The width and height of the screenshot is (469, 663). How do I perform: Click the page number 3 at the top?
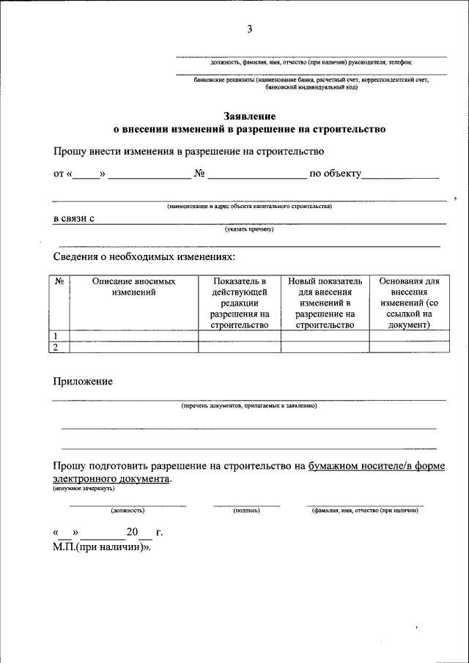point(249,29)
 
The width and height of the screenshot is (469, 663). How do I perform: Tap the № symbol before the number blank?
point(199,174)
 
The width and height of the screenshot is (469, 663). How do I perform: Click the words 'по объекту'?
point(336,174)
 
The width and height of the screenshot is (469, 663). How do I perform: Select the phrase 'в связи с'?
point(75,218)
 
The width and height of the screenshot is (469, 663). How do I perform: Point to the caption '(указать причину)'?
point(249,229)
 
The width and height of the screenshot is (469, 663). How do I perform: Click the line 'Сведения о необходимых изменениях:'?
point(144,257)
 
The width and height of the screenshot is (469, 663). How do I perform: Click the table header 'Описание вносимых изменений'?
point(133,286)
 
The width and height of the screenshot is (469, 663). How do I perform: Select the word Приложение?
point(83,382)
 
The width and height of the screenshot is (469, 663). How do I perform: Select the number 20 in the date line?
point(132,533)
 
